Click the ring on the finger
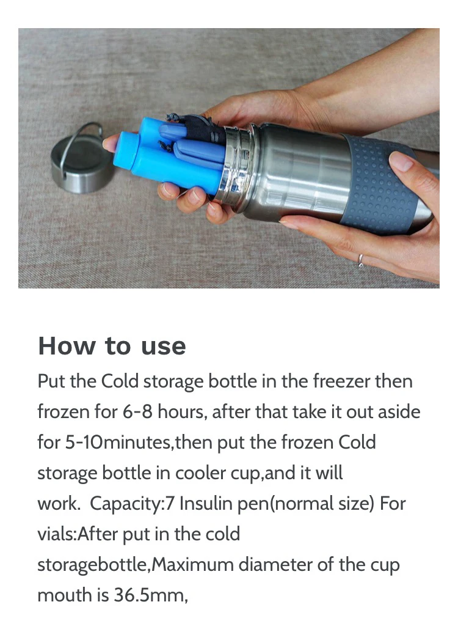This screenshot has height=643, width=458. [360, 260]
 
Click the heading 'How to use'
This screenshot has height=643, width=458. [112, 346]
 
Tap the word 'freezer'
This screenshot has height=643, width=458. [341, 381]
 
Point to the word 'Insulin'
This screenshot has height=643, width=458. [206, 503]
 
